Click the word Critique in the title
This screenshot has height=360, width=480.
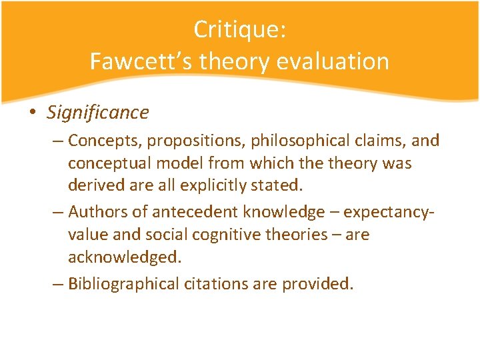point(236,29)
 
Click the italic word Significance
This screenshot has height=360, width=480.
point(98,113)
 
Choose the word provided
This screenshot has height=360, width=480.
point(318,284)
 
